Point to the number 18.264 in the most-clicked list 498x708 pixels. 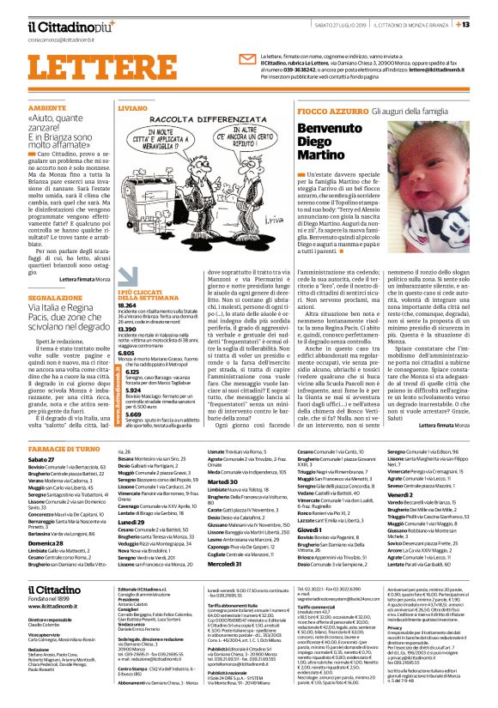[127, 305]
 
